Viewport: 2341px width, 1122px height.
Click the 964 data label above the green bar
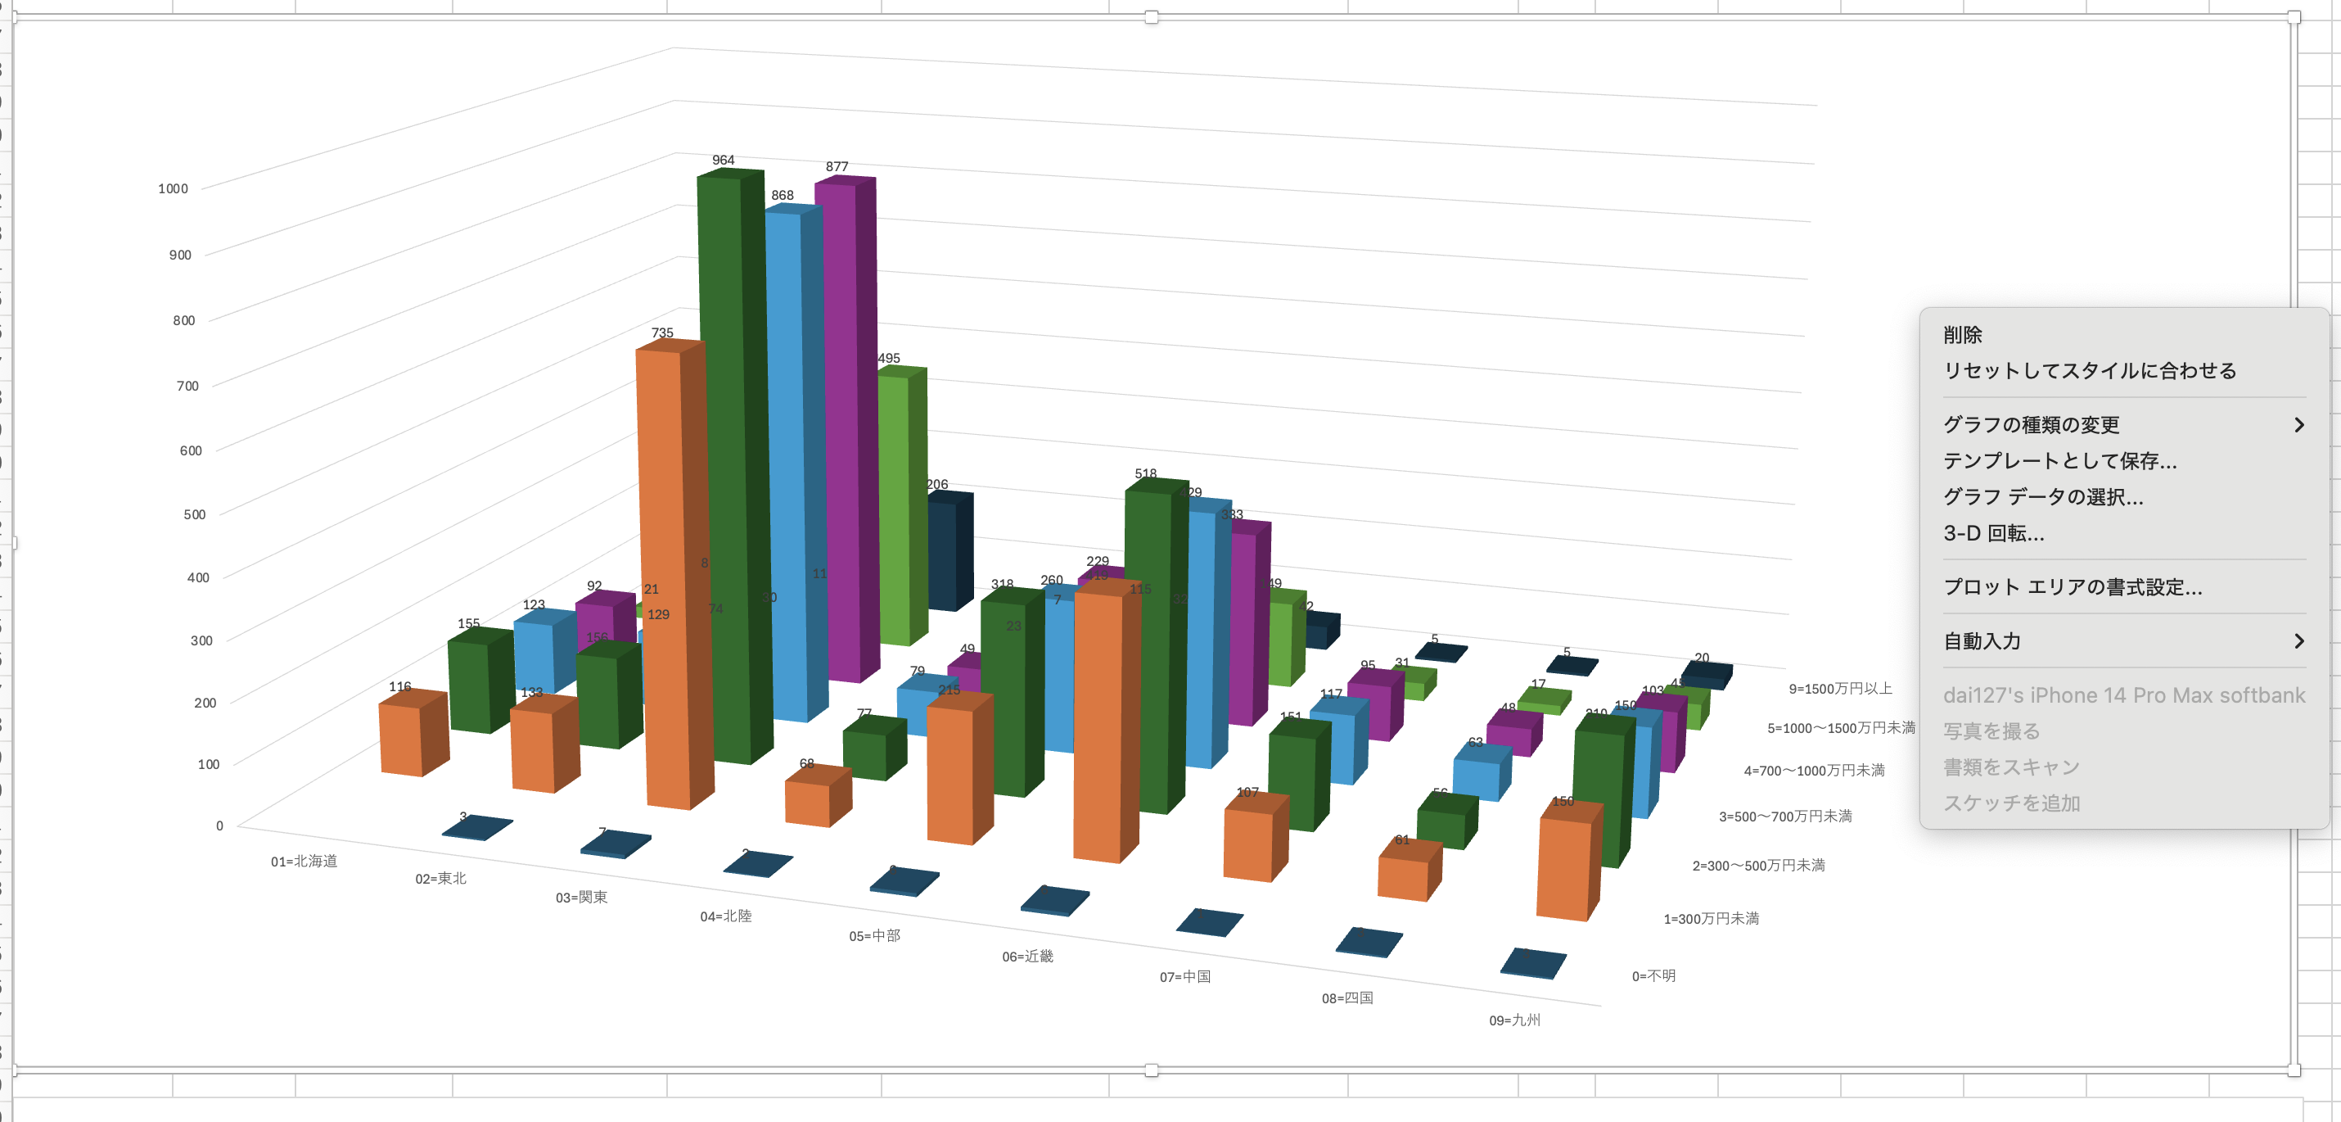[x=724, y=160]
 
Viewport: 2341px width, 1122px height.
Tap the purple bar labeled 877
[x=838, y=428]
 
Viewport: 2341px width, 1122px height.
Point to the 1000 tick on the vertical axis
[x=173, y=189]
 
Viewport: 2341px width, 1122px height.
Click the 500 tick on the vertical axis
[x=195, y=514]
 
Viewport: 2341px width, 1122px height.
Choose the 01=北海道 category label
[x=304, y=861]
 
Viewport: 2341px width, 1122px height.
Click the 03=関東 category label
[x=582, y=898]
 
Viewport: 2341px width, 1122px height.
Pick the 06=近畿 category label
[x=1027, y=957]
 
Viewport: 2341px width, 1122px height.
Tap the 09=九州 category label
[x=1514, y=1020]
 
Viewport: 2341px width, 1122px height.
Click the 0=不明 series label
[x=1653, y=975]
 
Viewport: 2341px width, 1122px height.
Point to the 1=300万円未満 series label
[x=1710, y=918]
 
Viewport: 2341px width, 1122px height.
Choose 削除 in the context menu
[x=1963, y=335]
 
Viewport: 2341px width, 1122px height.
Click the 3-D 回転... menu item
[x=1994, y=533]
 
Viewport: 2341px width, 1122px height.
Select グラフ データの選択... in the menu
[x=2043, y=496]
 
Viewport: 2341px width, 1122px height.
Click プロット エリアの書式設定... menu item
[x=2072, y=586]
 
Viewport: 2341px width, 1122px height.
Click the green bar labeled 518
[x=1149, y=645]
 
